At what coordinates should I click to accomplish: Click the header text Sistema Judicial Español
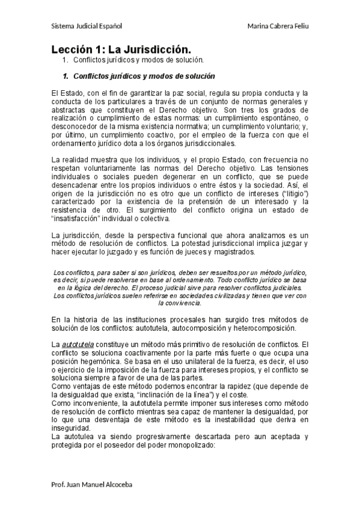(87, 26)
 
